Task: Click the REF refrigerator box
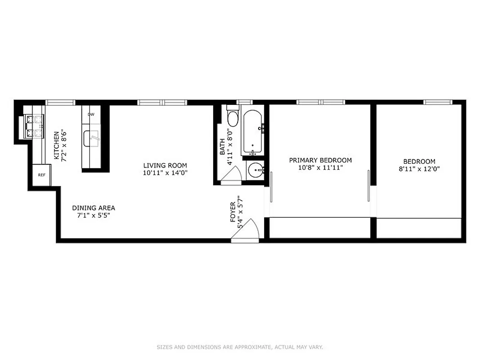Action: pyautogui.click(x=41, y=175)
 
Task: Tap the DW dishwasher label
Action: pyautogui.click(x=91, y=114)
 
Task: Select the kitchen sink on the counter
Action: pyautogui.click(x=92, y=138)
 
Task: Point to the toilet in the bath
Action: pyautogui.click(x=233, y=117)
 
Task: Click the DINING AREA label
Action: pyautogui.click(x=94, y=208)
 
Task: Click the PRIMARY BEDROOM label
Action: pyautogui.click(x=320, y=160)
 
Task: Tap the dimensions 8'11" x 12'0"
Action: pyautogui.click(x=419, y=169)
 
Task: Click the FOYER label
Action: pyautogui.click(x=233, y=212)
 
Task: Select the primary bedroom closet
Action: pyautogui.click(x=320, y=228)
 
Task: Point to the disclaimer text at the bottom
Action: pyautogui.click(x=240, y=347)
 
